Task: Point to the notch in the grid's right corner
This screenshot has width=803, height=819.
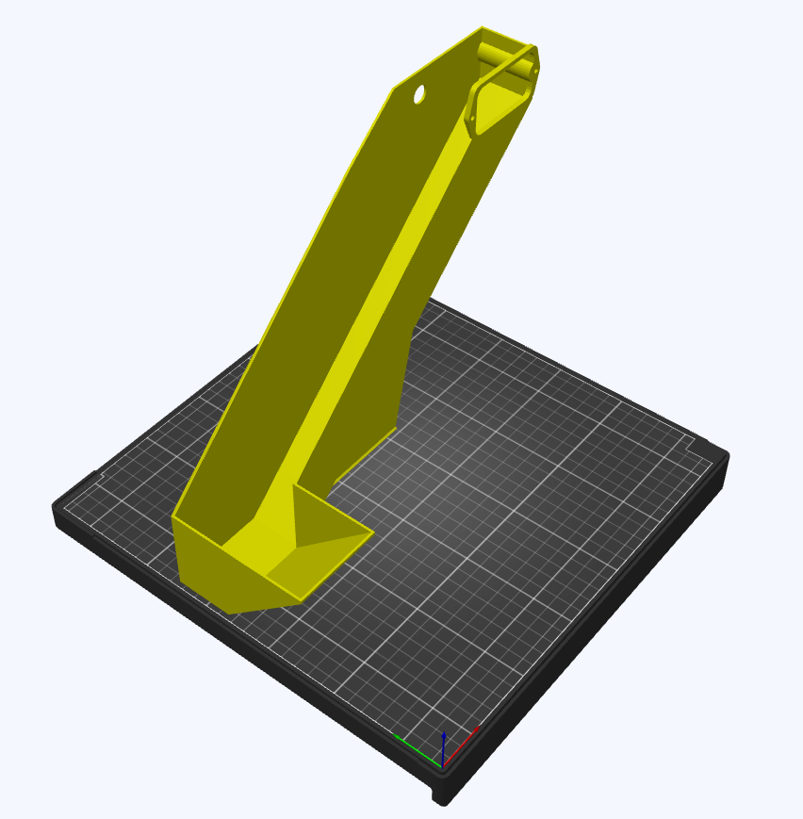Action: coord(699,444)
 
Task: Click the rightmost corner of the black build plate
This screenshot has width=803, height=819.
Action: coord(727,458)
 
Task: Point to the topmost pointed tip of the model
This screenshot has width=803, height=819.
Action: coord(482,27)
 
